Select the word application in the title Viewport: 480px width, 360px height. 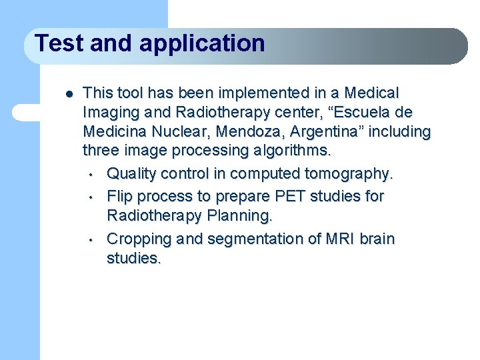pyautogui.click(x=202, y=45)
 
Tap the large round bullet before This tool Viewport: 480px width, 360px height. pyautogui.click(x=69, y=94)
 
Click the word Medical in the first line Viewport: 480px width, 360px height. pyautogui.click(x=371, y=93)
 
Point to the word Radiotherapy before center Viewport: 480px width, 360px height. pyautogui.click(x=223, y=113)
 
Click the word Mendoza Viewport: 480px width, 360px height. pyautogui.click(x=248, y=131)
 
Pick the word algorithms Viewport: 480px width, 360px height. pyautogui.click(x=292, y=151)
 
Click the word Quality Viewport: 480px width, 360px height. pyautogui.click(x=131, y=174)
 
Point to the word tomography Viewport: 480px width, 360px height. pyautogui.click(x=349, y=174)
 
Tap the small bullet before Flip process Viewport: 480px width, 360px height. pyautogui.click(x=91, y=197)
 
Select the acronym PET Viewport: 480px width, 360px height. pyautogui.click(x=290, y=196)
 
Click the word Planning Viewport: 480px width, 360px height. pyautogui.click(x=240, y=216)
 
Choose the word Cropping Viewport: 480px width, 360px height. pyautogui.click(x=139, y=239)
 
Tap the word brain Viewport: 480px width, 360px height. pyautogui.click(x=377, y=239)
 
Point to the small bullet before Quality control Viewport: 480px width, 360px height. pyautogui.click(x=91, y=175)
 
